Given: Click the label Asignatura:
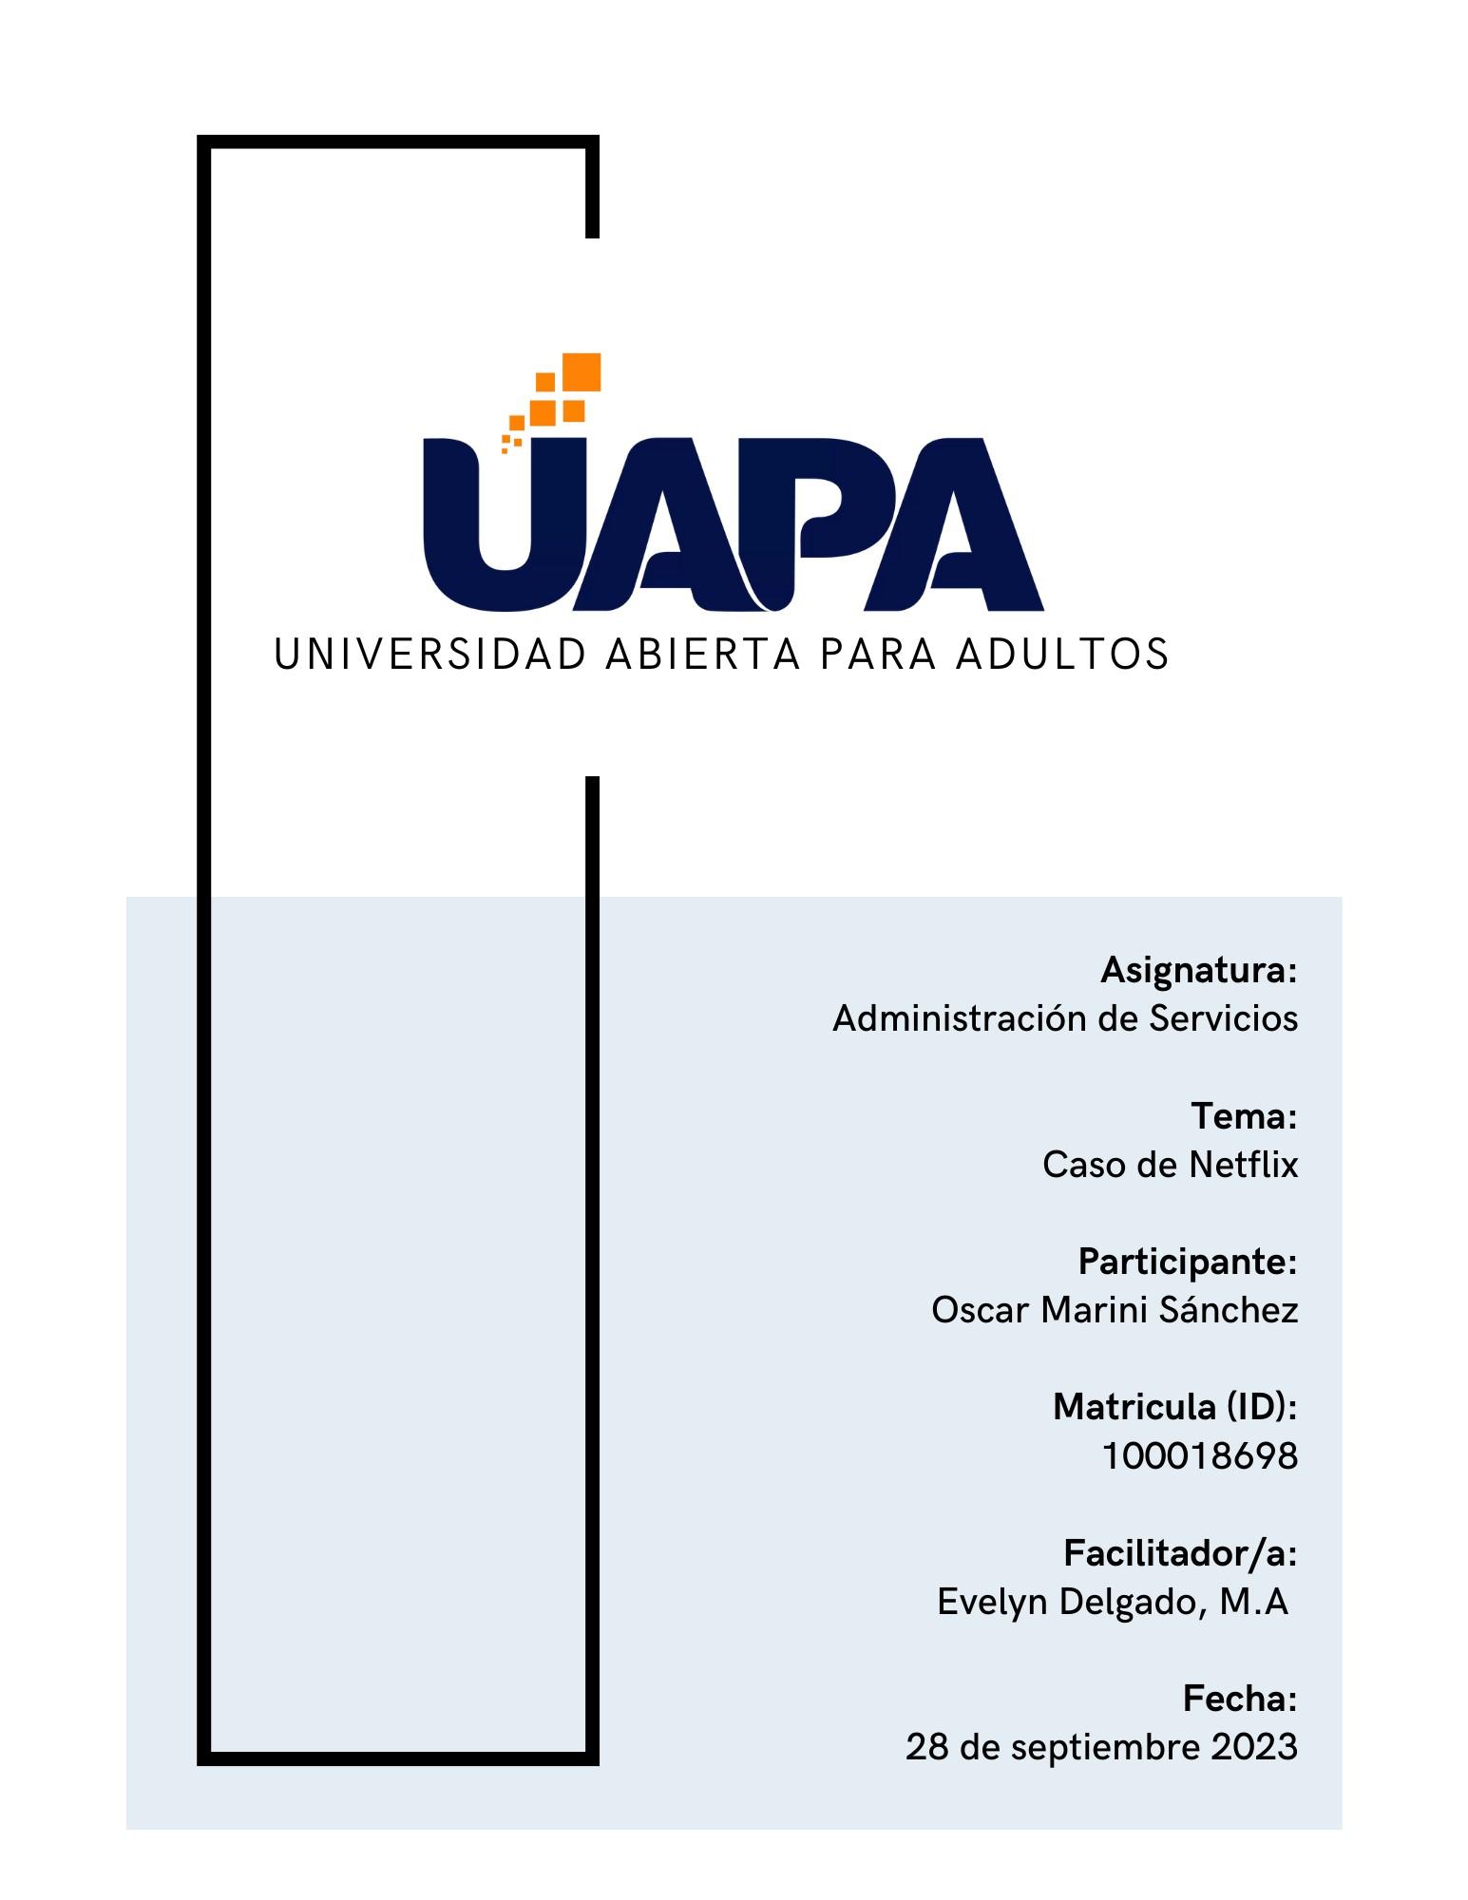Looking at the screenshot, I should point(1198,971).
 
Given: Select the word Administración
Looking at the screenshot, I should point(960,1018).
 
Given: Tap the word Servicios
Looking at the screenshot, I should point(1224,1018).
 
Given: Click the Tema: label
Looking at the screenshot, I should point(1244,1116).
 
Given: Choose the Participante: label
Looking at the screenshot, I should point(1187,1262).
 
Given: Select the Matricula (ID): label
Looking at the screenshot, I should point(1174,1407).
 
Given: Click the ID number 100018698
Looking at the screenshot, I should point(1199,1456).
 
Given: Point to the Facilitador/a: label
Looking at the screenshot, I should point(1180,1553).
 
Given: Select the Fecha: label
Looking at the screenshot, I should point(1240,1699).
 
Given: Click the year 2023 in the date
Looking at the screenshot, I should point(1254,1747).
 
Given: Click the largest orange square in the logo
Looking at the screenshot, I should point(581,371).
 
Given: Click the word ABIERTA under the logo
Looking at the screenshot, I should point(703,655).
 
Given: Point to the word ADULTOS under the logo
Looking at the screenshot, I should point(1062,655).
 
